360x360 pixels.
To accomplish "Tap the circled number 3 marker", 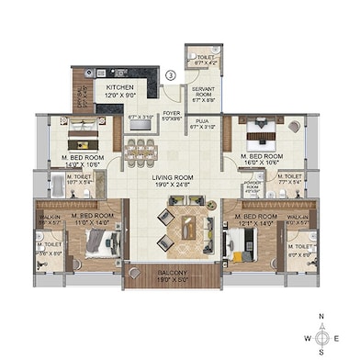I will tap(170, 74).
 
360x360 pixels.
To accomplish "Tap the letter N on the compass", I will tap(321, 315).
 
